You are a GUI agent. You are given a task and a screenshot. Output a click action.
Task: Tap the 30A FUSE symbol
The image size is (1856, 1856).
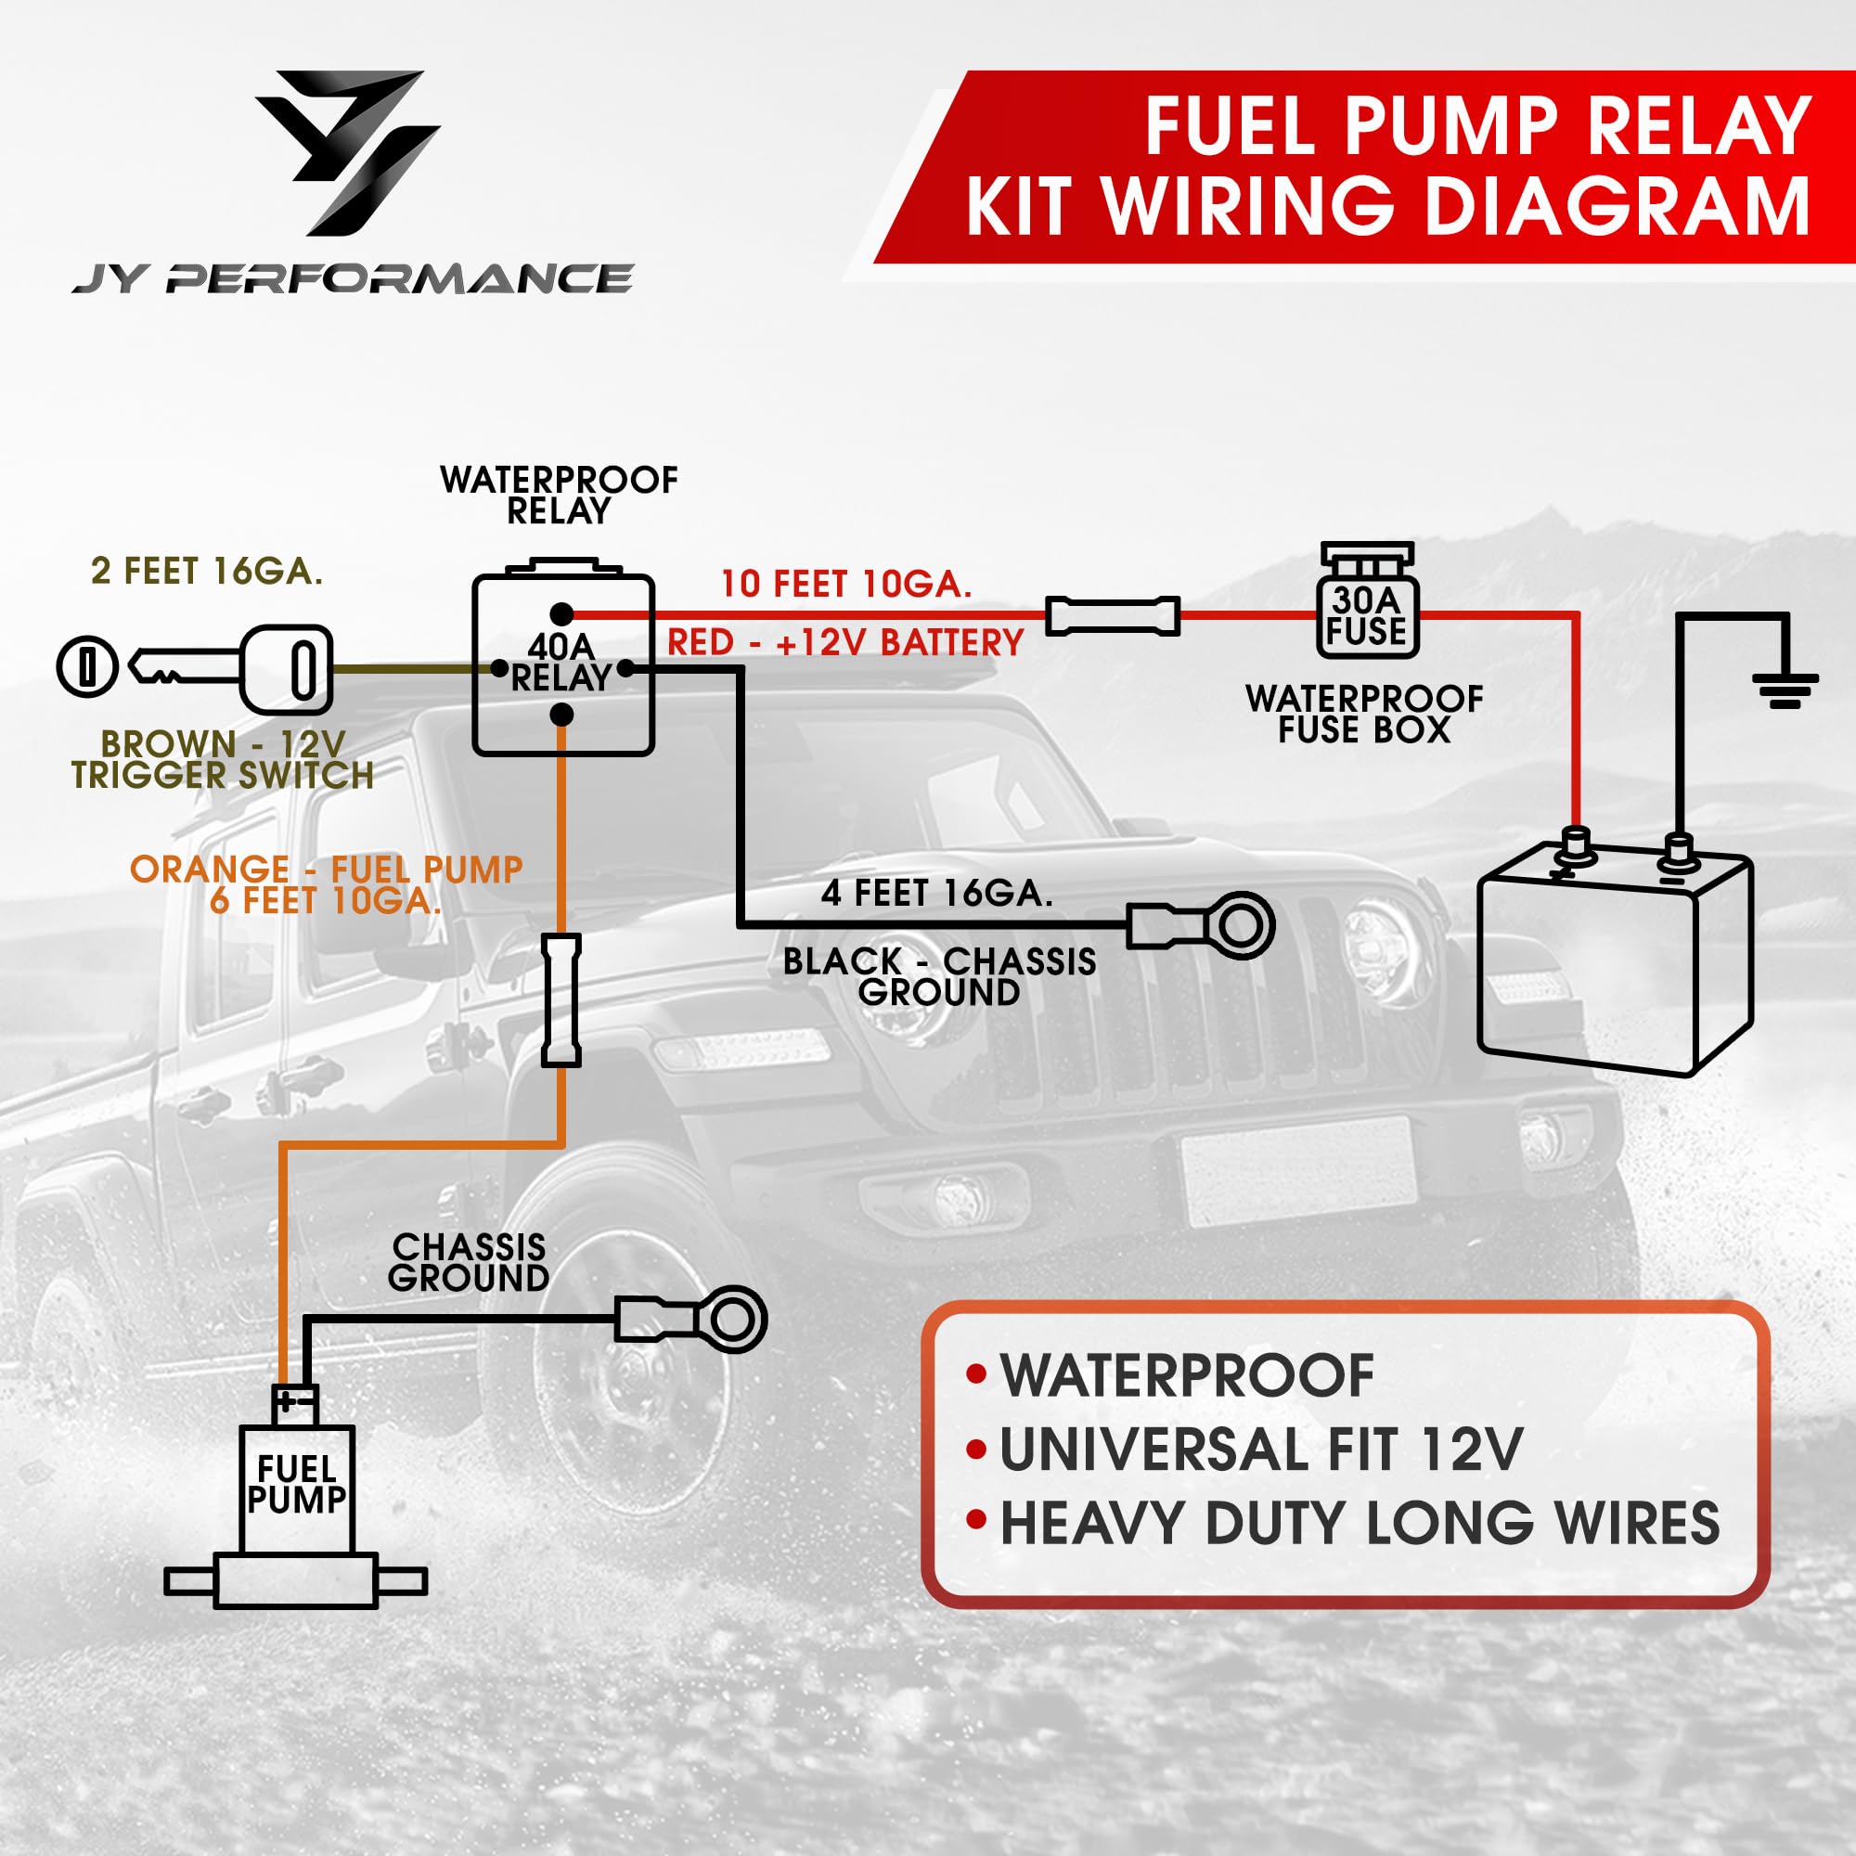1366,606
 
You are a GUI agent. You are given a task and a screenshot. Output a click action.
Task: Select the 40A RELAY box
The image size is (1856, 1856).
563,664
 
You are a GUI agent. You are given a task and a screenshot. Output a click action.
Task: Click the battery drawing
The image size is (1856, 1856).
1614,960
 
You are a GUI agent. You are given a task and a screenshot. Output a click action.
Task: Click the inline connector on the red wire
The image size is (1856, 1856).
1113,616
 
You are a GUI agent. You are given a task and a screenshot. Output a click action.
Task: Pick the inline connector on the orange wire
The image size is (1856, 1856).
561,1000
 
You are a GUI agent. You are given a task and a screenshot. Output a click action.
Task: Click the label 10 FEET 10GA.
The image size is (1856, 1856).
846,584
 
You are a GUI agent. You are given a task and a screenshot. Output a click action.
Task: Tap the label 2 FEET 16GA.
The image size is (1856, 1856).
207,571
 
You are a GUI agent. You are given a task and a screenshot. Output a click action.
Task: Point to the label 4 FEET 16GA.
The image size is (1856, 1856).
936,894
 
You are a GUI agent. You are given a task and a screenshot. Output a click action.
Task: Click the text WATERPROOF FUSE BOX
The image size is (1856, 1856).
1364,714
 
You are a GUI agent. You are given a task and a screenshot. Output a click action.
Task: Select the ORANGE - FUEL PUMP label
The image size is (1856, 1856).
327,870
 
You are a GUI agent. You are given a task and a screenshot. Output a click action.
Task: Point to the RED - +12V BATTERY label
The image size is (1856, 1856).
845,643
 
